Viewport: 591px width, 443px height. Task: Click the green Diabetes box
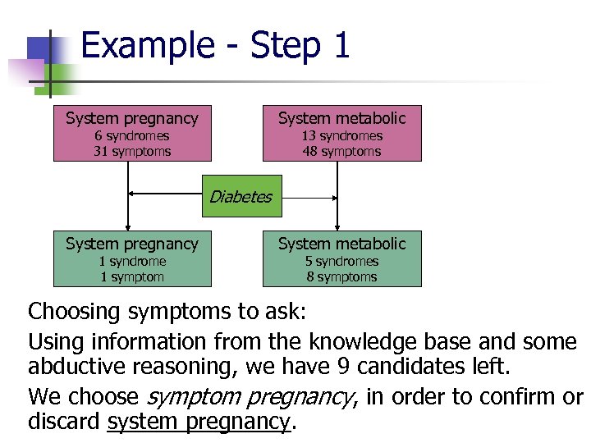(241, 196)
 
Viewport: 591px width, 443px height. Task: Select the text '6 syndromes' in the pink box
(131, 136)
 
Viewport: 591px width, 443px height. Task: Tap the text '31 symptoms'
(131, 152)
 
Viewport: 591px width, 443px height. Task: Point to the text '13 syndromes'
(341, 136)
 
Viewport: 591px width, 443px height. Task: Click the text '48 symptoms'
(341, 152)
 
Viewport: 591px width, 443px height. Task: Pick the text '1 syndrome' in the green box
(131, 262)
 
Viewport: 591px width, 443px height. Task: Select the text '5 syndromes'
(341, 262)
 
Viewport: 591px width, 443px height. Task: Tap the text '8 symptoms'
(341, 277)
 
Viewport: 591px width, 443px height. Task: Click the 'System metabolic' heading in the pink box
(341, 118)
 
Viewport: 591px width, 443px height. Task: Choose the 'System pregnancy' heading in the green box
(131, 244)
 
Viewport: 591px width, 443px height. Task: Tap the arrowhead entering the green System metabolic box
(337, 227)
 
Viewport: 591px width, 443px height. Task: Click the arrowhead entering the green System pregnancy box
(127, 227)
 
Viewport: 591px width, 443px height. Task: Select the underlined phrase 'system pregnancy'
(199, 422)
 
